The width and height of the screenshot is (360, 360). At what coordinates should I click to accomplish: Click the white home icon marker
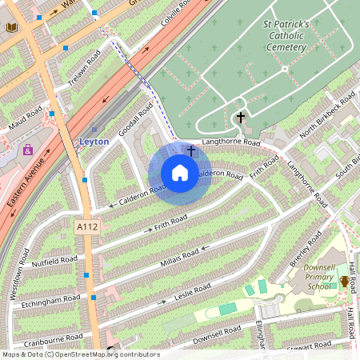tap(180, 173)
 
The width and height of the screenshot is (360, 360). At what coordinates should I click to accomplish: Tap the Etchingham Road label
tap(51, 301)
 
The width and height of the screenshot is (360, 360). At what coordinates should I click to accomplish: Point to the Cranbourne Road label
tap(53, 339)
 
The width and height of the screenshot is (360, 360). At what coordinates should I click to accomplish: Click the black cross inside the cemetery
tap(240, 118)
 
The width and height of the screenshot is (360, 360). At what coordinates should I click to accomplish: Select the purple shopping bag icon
tap(29, 150)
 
